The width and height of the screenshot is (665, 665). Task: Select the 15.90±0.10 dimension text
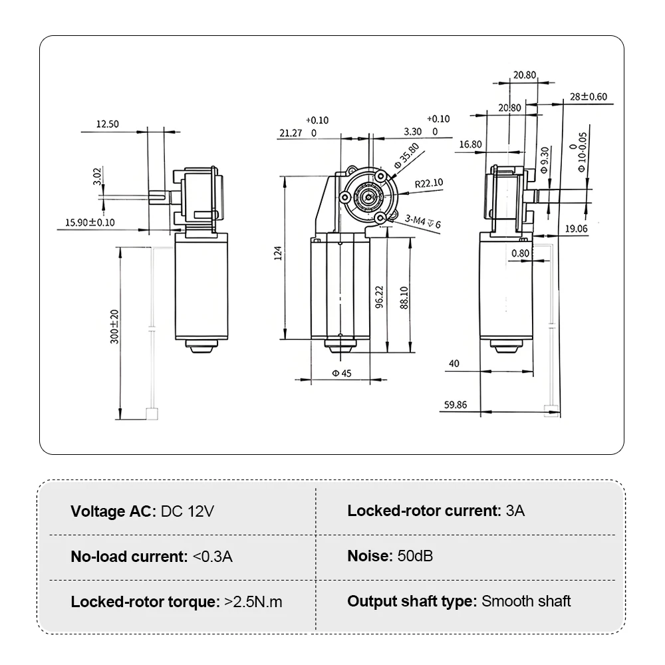90,223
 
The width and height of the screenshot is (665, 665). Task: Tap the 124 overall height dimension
279,253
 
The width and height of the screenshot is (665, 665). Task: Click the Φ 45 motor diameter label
341,373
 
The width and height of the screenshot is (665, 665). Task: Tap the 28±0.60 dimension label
588,97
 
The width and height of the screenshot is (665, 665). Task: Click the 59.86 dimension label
458,404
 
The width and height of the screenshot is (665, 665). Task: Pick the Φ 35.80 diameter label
406,156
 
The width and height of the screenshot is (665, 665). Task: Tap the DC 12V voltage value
188,511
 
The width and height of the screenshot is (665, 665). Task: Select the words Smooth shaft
526,601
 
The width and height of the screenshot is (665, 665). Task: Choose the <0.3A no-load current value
212,557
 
